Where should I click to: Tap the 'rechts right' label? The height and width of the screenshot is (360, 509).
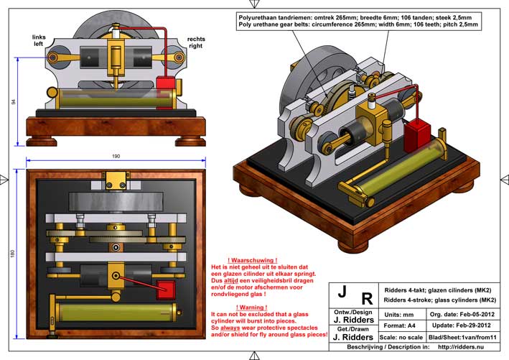[195, 40]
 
